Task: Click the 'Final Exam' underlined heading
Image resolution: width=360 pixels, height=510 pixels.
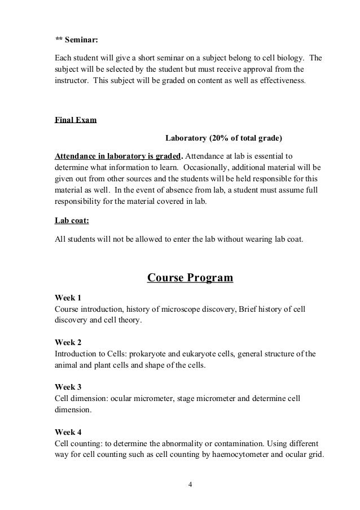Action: [x=75, y=120]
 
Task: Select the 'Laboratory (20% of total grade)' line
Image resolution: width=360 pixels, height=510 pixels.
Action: [x=223, y=137]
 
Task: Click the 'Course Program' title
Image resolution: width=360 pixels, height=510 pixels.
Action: [x=190, y=277]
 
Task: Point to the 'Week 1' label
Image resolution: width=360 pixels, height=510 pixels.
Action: [x=68, y=298]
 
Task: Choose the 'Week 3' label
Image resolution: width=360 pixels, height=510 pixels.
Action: [x=68, y=387]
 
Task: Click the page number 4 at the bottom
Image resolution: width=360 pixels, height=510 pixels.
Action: [x=190, y=485]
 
